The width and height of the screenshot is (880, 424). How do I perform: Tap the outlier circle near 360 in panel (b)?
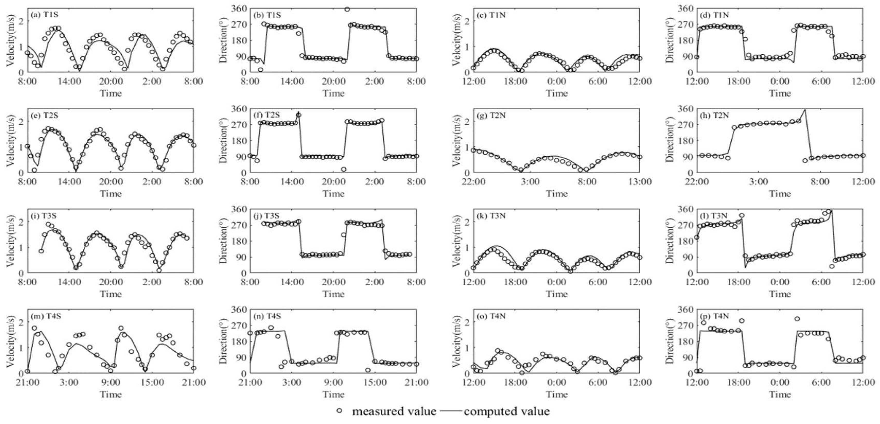click(347, 9)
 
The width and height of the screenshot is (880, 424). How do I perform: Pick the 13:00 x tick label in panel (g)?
click(640, 182)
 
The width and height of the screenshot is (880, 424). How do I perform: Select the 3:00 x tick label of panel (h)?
click(758, 182)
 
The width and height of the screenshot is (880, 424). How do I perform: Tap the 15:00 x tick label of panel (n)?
click(375, 382)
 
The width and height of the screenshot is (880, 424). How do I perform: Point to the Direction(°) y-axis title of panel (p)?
click(670, 341)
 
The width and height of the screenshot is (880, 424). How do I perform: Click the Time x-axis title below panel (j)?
click(333, 294)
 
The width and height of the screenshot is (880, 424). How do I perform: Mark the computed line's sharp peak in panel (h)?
click(805, 110)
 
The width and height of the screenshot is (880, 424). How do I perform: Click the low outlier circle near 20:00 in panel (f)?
click(344, 169)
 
